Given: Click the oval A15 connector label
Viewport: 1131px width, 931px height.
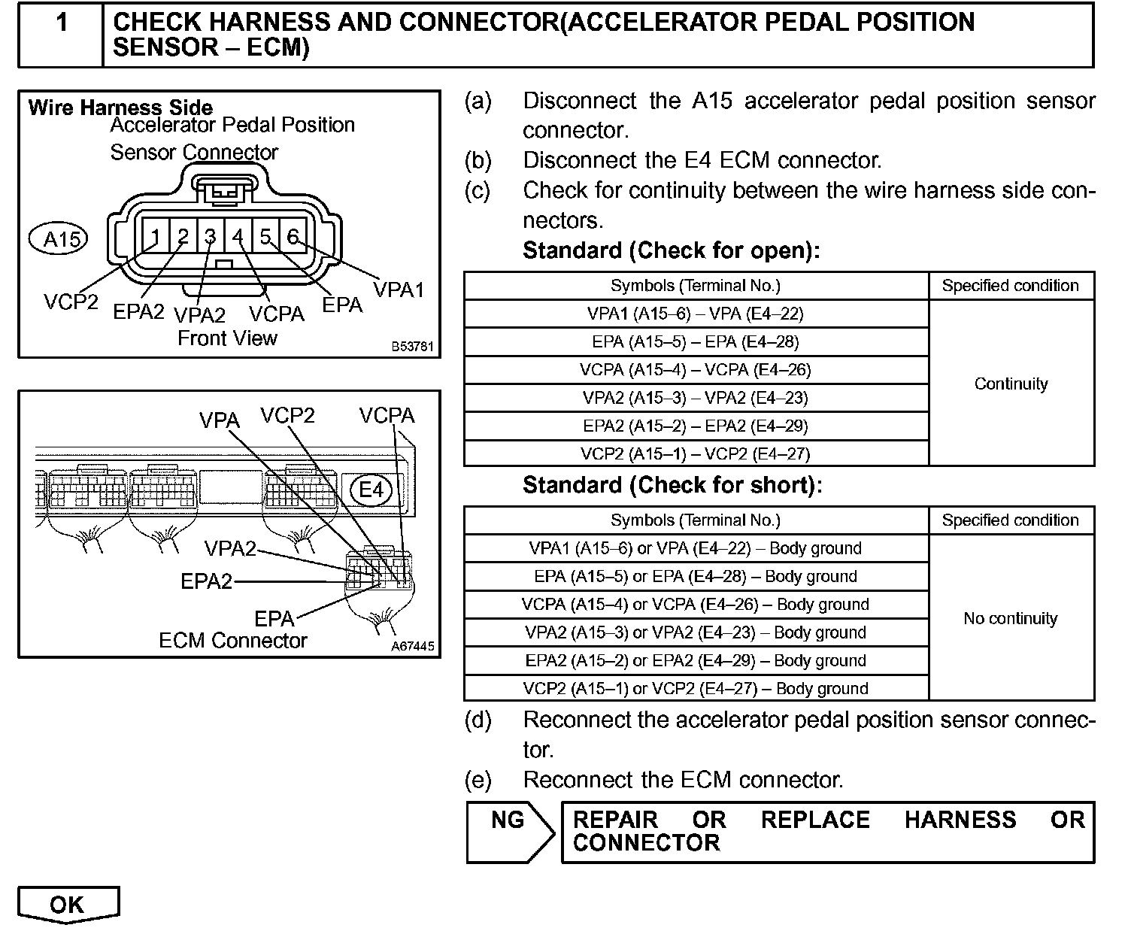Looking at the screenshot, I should click(x=58, y=239).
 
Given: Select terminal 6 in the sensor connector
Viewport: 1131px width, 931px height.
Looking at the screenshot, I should click(x=293, y=237).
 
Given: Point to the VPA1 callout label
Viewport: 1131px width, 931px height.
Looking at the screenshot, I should click(x=399, y=289).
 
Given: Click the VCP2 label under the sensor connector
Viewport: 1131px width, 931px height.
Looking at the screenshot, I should click(x=71, y=302).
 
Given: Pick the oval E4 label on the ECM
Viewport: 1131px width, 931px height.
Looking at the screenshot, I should click(x=371, y=490).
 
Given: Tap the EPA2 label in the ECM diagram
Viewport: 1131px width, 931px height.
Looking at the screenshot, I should click(x=207, y=581).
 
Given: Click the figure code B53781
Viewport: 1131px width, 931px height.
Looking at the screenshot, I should click(x=412, y=347).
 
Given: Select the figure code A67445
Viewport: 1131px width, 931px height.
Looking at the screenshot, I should click(x=412, y=647).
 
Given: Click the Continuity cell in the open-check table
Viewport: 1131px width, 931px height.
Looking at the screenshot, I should click(x=1011, y=384).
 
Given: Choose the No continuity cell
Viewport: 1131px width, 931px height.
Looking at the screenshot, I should click(x=1011, y=618).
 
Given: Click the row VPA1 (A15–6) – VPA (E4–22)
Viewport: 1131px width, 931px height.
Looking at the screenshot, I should click(x=696, y=314).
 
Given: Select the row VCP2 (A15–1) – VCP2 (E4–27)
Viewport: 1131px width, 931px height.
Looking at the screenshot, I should click(x=696, y=453).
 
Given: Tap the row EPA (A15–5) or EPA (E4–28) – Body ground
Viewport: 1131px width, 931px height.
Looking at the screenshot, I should click(x=696, y=576).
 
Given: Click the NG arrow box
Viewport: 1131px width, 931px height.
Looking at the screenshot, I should click(x=509, y=831).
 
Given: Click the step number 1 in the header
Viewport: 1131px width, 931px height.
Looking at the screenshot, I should click(x=62, y=23).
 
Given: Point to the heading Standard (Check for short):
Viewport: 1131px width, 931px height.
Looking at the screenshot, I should click(x=672, y=485).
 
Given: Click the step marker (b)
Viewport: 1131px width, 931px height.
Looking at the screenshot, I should click(x=478, y=160).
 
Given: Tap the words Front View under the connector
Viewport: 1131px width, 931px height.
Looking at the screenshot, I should click(x=227, y=338).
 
